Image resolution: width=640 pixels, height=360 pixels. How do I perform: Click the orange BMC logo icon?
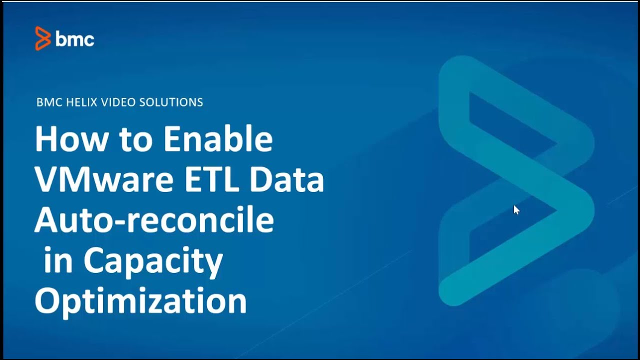pos(43,38)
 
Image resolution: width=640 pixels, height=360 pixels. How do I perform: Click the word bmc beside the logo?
pos(75,39)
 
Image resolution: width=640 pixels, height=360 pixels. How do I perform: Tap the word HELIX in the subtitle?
pos(78,102)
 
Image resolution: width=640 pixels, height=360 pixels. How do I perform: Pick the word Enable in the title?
pos(218,140)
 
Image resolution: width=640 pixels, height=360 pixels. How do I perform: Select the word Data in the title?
pos(287,180)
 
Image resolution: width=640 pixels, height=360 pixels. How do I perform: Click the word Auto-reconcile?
pos(154,220)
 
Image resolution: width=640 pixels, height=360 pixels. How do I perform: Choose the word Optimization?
pos(140,301)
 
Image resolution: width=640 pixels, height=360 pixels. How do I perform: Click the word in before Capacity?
pos(58,261)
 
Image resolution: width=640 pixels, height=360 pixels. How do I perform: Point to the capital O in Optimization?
pos(47,301)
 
